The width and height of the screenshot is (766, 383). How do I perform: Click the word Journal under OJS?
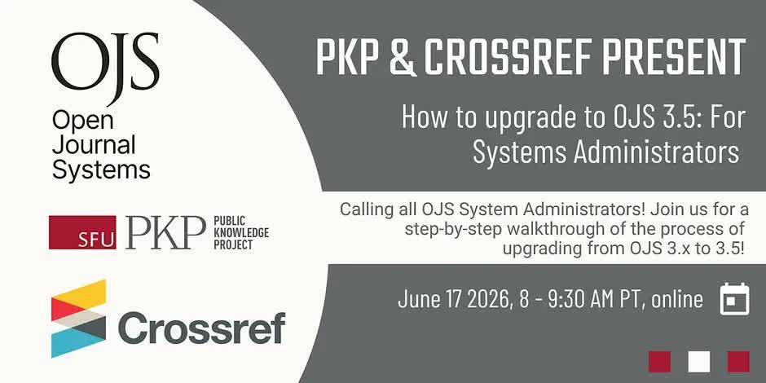pos(95,145)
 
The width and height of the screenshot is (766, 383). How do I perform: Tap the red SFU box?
pos(82,232)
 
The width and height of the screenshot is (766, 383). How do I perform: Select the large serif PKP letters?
pos(165,232)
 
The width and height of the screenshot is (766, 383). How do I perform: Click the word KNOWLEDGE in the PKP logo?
pos(241,232)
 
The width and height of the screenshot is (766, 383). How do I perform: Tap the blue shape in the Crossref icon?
pos(79,342)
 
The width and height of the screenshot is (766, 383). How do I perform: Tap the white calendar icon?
pos(734,298)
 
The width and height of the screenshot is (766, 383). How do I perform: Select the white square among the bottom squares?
pos(698,362)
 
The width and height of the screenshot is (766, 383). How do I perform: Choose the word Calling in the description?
pos(364,210)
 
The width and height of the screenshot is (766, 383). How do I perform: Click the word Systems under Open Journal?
pos(101,171)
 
